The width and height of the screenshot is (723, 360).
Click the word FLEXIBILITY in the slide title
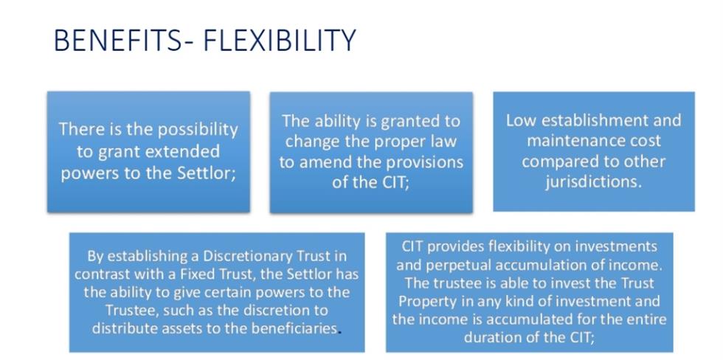[x=280, y=40]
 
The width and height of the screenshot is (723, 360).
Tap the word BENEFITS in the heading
[x=117, y=40]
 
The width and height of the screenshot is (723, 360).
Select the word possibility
[x=198, y=131]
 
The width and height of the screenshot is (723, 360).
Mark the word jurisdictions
[x=593, y=182]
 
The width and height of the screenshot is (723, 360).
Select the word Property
[x=419, y=302]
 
